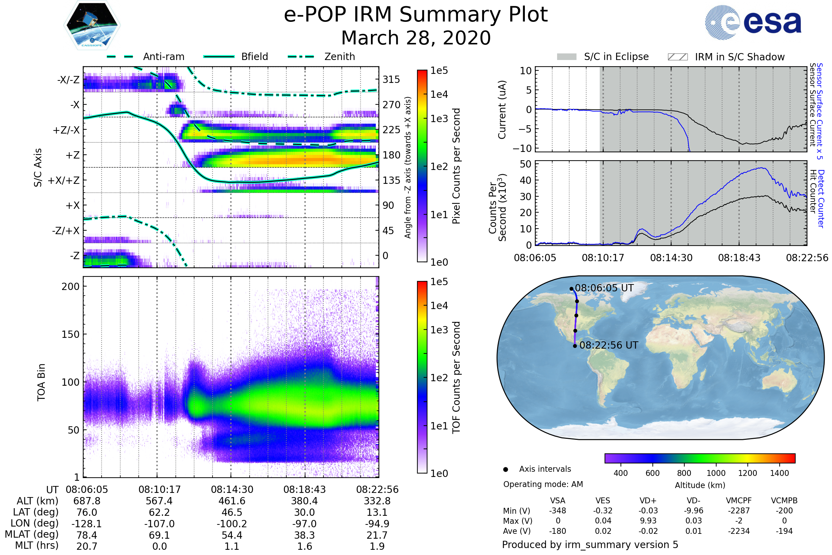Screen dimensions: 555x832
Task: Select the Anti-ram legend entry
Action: (163, 57)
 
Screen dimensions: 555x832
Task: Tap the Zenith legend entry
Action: (339, 57)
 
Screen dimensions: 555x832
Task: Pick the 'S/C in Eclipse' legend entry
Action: (616, 57)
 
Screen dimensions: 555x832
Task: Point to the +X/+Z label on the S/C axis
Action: (64, 180)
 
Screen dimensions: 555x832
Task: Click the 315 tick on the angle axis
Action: (391, 79)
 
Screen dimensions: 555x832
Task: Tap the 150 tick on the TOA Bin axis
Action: (70, 334)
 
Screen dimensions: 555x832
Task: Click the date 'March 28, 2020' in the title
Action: (416, 38)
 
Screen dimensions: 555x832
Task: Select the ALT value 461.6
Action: (232, 501)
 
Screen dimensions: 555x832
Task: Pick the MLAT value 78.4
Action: (87, 535)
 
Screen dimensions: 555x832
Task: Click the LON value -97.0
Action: (304, 523)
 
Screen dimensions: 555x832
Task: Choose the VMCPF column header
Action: (739, 501)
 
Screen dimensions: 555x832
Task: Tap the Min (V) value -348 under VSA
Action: (557, 511)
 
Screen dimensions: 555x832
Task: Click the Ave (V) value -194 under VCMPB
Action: (784, 531)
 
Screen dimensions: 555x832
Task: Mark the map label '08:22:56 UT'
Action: (608, 345)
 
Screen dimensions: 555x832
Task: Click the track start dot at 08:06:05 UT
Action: (571, 289)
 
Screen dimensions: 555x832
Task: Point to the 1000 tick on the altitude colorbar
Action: (716, 473)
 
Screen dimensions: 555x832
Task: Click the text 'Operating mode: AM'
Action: (543, 484)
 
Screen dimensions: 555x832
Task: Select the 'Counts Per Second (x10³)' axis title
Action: (497, 207)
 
